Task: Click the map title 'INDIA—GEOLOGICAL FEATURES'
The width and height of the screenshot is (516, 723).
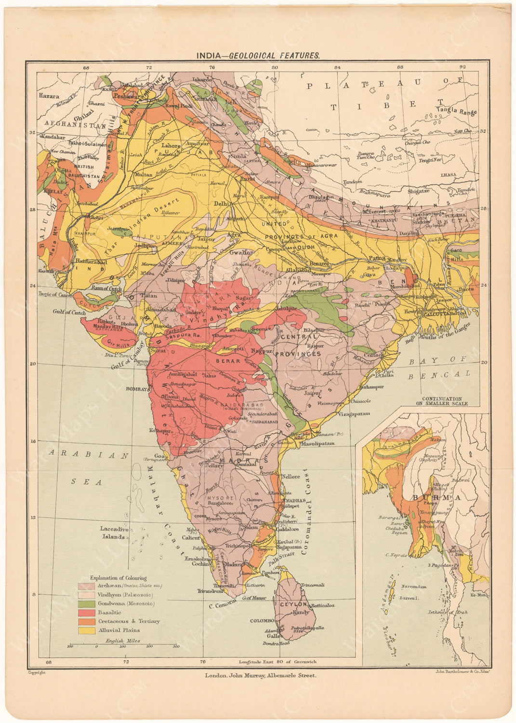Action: click(257, 55)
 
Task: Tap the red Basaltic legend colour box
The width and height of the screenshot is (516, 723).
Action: click(86, 612)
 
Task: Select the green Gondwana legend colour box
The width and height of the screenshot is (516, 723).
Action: click(86, 603)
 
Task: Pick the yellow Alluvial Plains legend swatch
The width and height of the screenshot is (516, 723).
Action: click(86, 630)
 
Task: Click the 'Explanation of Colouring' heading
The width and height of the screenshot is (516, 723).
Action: click(118, 577)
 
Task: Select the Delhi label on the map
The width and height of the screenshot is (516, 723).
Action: click(223, 204)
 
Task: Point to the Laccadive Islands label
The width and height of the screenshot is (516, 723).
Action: click(115, 532)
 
